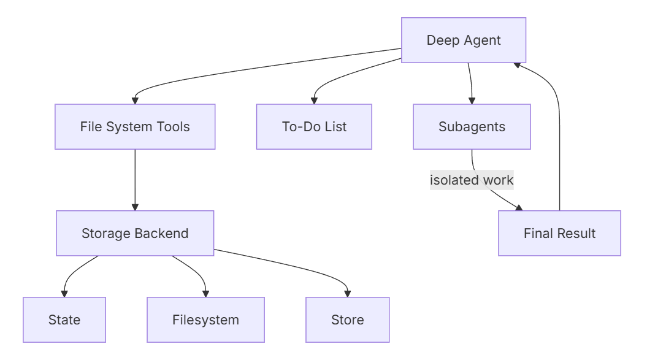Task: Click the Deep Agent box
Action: point(464,40)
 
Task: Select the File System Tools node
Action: point(135,127)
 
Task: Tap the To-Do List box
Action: point(314,127)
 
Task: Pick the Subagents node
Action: point(472,127)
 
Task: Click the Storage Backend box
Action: point(135,234)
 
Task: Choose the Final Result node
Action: point(559,234)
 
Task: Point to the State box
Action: point(64,320)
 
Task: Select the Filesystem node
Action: point(205,320)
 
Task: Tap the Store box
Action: point(348,320)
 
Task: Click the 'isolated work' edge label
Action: point(472,180)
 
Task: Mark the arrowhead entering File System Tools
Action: point(135,101)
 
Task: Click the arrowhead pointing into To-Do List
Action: point(315,101)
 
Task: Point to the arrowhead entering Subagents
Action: point(472,101)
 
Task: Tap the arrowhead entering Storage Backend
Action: point(135,207)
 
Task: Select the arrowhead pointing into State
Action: point(64,294)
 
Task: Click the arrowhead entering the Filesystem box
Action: point(205,294)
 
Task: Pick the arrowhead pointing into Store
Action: point(348,294)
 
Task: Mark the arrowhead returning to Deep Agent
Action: point(517,64)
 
